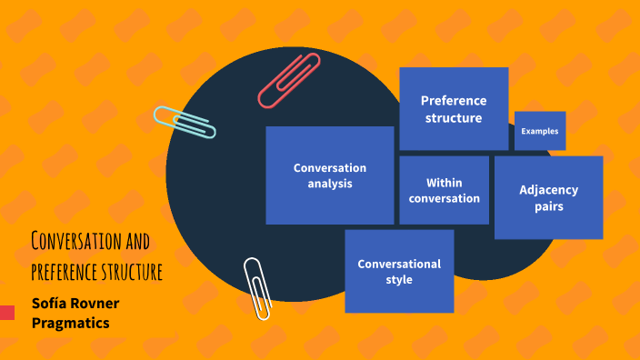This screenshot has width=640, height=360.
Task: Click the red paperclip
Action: tap(288, 81)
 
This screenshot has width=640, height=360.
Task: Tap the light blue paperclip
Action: tap(185, 122)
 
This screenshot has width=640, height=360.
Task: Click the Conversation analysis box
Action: tap(329, 175)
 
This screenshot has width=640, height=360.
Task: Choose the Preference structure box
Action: tap(454, 109)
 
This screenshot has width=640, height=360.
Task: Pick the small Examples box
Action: tap(540, 131)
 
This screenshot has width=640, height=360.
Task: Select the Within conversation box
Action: tap(444, 190)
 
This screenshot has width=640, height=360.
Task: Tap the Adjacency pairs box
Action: tap(548, 197)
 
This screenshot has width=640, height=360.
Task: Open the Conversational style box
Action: tap(399, 271)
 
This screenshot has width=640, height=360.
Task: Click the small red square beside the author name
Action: tap(7, 313)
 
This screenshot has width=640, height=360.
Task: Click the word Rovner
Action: tap(98, 303)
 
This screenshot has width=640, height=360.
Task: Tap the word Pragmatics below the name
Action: tap(71, 322)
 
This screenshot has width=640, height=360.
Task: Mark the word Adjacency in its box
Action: tap(548, 190)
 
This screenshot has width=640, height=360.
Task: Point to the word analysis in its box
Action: tap(330, 184)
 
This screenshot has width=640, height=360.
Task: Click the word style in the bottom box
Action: tap(399, 279)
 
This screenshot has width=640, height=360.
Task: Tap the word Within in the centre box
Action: tap(445, 182)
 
